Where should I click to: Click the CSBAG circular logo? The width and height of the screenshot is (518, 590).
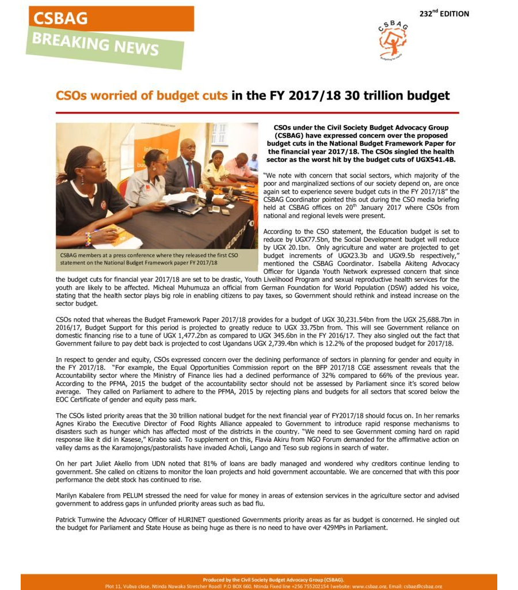tap(393, 40)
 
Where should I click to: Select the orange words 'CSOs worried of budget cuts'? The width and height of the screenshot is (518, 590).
tap(142, 96)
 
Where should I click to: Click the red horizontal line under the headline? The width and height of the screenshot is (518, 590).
tap(257, 113)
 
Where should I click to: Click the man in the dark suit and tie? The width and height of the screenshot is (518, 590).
tap(185, 167)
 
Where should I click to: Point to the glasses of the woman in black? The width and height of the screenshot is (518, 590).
tap(94, 166)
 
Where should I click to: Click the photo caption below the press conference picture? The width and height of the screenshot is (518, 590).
tap(150, 259)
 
